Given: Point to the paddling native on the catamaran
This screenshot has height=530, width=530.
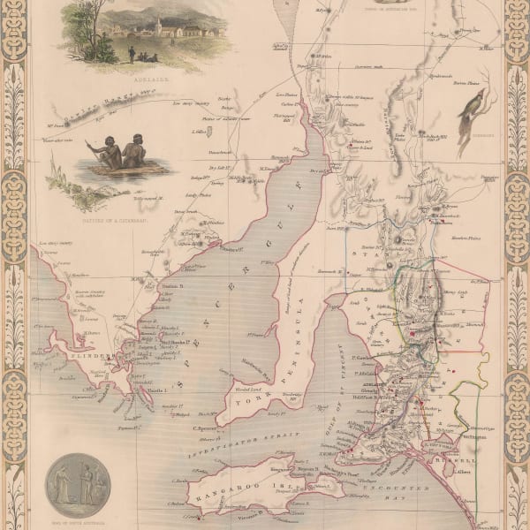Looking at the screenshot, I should coord(111,155).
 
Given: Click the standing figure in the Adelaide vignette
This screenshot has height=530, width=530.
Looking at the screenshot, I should coord(132,54).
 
